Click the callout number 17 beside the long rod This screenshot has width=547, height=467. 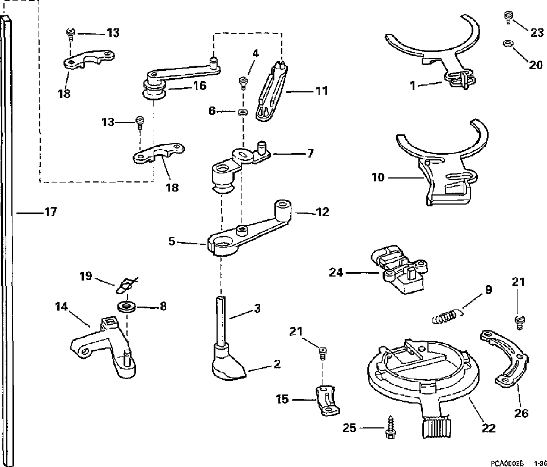point(50,213)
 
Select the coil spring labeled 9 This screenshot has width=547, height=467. point(446,315)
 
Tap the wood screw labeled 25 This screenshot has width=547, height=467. point(391,426)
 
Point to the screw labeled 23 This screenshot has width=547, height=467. point(508,20)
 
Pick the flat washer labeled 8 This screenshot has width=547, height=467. point(126,307)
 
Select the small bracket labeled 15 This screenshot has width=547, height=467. point(326,400)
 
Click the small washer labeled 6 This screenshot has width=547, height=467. point(243,112)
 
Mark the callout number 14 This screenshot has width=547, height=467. point(61,307)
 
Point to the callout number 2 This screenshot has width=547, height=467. point(277,364)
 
